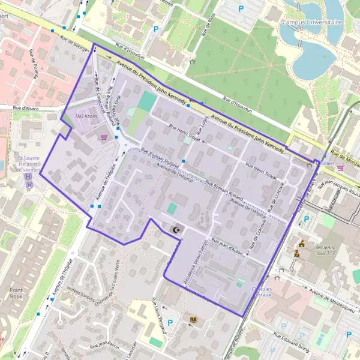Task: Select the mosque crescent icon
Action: [x=176, y=230]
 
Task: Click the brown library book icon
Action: [x=193, y=320]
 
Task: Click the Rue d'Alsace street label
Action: [x=26, y=108]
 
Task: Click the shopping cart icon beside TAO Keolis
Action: [x=104, y=137]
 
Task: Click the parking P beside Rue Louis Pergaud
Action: [x=170, y=323]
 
